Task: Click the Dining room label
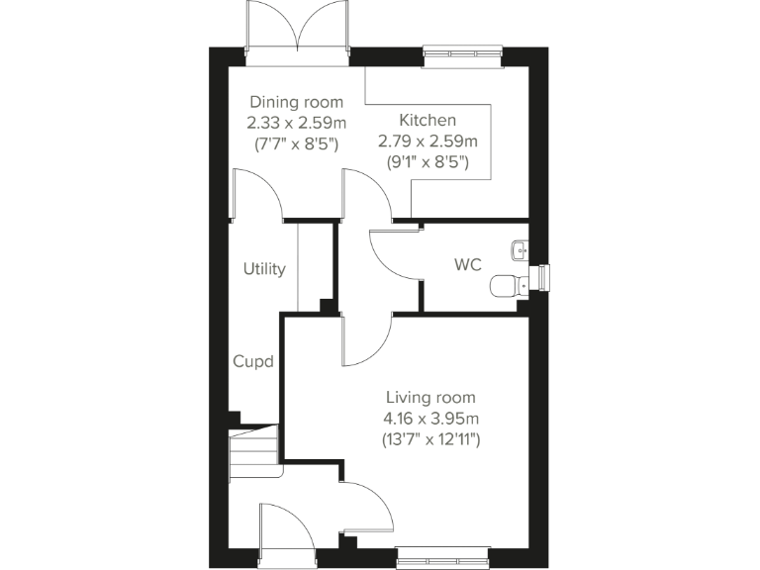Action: (x=296, y=102)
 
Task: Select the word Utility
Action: (x=264, y=269)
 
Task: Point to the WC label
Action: (x=467, y=265)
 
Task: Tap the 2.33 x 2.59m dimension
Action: (x=296, y=123)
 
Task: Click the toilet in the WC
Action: (x=509, y=285)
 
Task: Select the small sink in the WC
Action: (x=522, y=248)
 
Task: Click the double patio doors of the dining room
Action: (x=298, y=30)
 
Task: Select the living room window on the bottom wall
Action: (x=442, y=559)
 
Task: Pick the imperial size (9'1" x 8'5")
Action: (x=427, y=160)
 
